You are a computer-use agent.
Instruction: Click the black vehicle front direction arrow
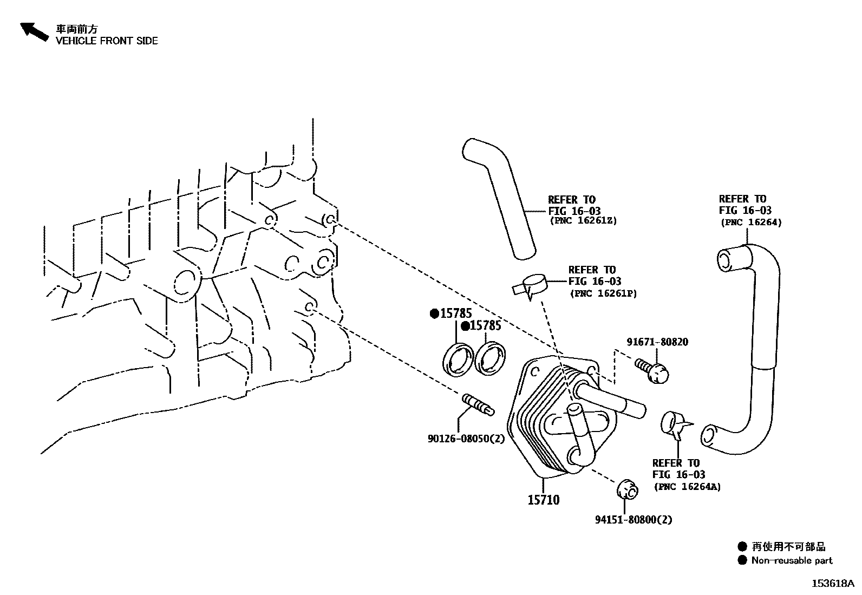(x=34, y=31)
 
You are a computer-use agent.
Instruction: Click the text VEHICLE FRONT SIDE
(x=107, y=41)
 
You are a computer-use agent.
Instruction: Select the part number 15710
(x=543, y=500)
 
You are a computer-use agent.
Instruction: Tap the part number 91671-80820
(x=657, y=342)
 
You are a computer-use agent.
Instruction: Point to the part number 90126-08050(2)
(x=466, y=439)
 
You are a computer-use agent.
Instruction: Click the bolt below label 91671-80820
(x=653, y=372)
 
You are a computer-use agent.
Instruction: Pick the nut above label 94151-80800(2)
(x=628, y=489)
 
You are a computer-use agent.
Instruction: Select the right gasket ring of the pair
(x=491, y=358)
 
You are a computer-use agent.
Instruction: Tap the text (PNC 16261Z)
(x=583, y=221)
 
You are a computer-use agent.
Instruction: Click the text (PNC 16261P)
(x=603, y=293)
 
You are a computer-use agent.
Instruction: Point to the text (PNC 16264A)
(x=687, y=486)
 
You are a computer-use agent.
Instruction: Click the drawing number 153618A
(x=832, y=584)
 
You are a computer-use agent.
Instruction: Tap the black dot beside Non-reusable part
(x=742, y=560)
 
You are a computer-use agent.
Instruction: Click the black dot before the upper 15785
(x=434, y=313)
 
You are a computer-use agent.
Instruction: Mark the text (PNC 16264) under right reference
(x=750, y=222)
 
